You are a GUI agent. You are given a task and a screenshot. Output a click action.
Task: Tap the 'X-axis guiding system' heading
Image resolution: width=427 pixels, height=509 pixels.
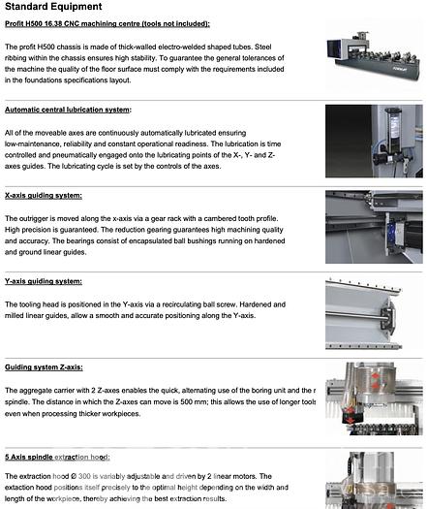[x=44, y=195]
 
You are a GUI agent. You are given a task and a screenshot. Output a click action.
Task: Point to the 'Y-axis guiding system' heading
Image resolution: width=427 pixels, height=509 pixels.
[x=44, y=281]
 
